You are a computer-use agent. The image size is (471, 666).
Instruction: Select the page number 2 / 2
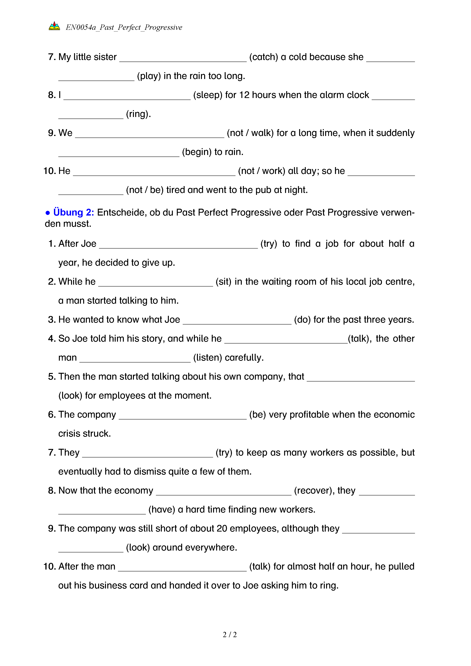coord(230,635)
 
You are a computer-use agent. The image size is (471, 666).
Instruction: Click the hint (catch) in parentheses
coord(264,57)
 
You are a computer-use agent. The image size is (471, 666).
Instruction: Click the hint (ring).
coord(138,114)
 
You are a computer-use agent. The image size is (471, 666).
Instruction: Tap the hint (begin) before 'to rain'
coord(197,152)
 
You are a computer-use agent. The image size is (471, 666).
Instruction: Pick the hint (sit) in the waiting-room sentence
coord(223,281)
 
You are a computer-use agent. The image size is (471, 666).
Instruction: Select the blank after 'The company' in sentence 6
coord(183,416)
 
